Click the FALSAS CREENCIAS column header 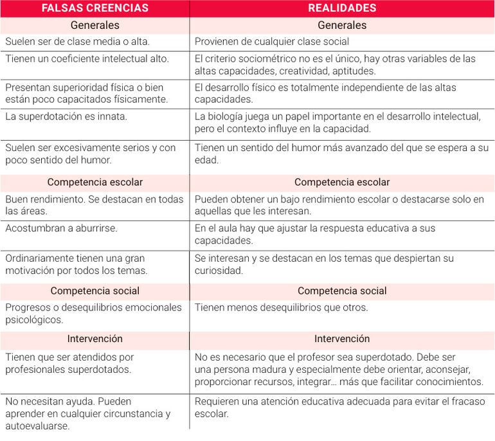[94, 8]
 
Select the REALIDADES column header [342, 8]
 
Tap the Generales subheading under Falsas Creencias [94, 25]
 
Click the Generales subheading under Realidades [342, 25]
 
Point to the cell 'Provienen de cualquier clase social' [272, 42]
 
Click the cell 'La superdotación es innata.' [66, 116]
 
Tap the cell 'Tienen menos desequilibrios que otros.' [282, 307]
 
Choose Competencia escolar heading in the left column [94, 183]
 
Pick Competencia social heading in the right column [342, 291]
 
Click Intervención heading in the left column [94, 338]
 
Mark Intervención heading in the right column [342, 338]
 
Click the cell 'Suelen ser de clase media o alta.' [77, 42]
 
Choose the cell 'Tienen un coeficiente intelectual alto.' [87, 59]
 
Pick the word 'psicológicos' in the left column [34, 319]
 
